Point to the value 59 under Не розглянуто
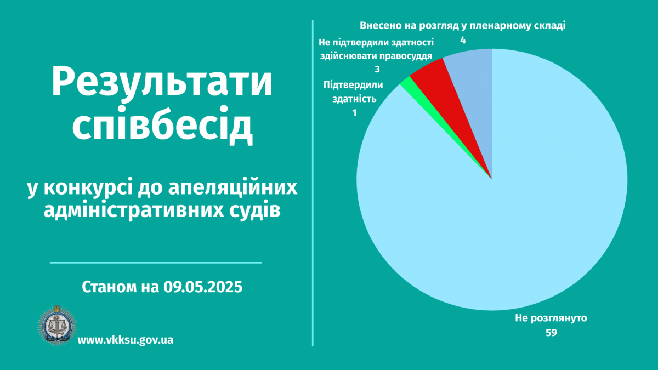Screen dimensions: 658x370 [552, 333]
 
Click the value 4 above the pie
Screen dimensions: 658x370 [463, 41]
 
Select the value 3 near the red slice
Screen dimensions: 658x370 [377, 69]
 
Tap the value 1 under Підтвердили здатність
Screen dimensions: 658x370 [355, 113]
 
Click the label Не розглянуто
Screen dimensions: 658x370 [551, 318]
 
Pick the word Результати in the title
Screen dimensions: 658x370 [162, 81]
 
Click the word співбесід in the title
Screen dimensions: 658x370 [162, 125]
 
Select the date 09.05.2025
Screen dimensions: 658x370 [203, 287]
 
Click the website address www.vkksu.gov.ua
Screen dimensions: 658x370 [126, 340]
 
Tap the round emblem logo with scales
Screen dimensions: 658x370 [57, 326]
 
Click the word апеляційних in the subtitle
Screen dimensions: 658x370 [233, 188]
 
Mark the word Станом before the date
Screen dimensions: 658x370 [109, 287]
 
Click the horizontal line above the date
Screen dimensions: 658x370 [156, 263]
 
